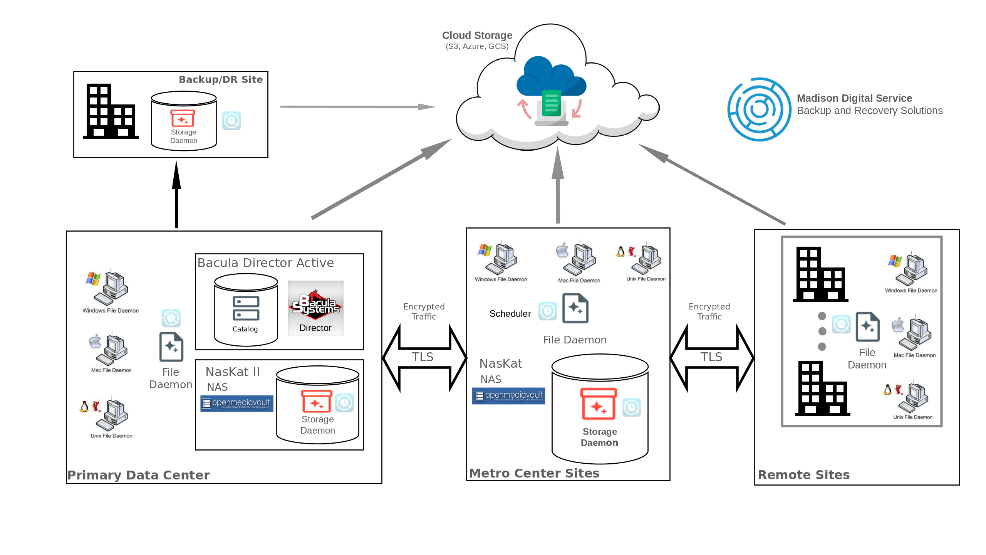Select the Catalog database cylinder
coord(246,310)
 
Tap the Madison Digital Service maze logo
coord(759,109)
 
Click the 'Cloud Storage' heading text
coord(477,35)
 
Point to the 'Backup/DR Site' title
coord(221,79)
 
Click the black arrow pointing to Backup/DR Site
coord(176,195)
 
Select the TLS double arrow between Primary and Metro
coord(424,358)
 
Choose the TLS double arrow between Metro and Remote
coord(712,358)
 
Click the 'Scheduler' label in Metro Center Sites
coord(510,314)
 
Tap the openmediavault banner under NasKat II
coord(237,403)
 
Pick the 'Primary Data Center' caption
coord(139,475)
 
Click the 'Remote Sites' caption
coord(803,474)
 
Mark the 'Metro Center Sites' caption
coord(534,473)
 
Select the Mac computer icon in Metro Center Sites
coord(578,258)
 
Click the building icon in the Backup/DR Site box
coord(111,112)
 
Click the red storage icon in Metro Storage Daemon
coord(599,404)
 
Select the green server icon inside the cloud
coord(551,103)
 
